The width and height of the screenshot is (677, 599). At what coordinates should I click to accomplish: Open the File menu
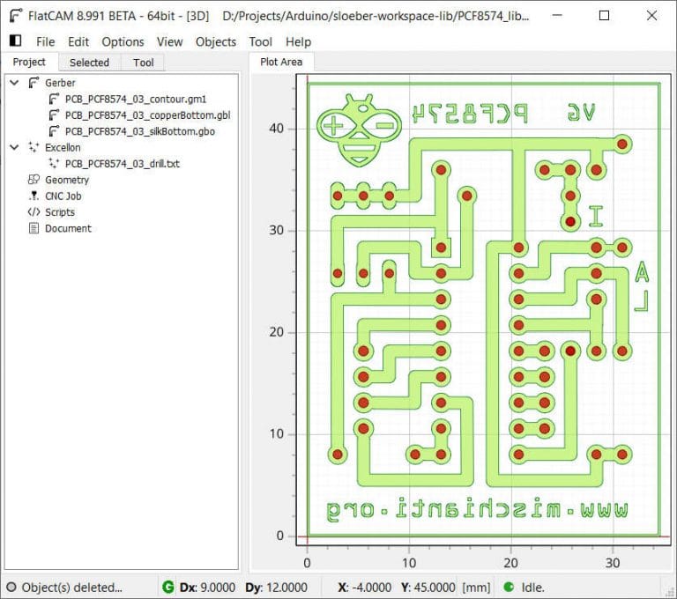pyautogui.click(x=45, y=41)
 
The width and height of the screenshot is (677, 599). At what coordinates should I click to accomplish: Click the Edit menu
pyautogui.click(x=78, y=41)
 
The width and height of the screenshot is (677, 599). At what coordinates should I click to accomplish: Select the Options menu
pyautogui.click(x=123, y=41)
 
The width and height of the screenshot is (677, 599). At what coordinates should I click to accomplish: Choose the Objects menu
pyautogui.click(x=216, y=41)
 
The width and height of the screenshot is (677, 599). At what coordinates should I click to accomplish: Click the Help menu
pyautogui.click(x=299, y=41)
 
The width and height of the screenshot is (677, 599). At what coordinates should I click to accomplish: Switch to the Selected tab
pyautogui.click(x=89, y=63)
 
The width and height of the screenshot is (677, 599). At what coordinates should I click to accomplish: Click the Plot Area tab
pyautogui.click(x=281, y=62)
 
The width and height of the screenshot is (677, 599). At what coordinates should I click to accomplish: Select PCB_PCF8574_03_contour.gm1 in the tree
pyautogui.click(x=135, y=99)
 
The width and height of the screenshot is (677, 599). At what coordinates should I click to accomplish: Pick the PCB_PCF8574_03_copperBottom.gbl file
pyautogui.click(x=147, y=115)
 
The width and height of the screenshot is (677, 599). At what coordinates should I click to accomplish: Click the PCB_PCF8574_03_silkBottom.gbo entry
pyautogui.click(x=139, y=131)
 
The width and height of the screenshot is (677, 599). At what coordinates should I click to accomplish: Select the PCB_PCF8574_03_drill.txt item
pyautogui.click(x=122, y=164)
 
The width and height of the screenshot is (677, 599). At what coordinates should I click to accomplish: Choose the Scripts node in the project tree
pyautogui.click(x=59, y=212)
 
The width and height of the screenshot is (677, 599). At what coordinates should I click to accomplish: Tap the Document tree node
pyautogui.click(x=68, y=228)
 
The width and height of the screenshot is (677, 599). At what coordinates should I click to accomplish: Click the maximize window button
pyautogui.click(x=604, y=16)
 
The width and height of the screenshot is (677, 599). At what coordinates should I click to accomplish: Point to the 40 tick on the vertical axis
pyautogui.click(x=277, y=129)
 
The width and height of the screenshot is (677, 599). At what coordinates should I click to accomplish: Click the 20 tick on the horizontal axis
pyautogui.click(x=510, y=561)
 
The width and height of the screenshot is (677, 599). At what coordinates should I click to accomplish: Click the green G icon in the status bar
pyautogui.click(x=167, y=587)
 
